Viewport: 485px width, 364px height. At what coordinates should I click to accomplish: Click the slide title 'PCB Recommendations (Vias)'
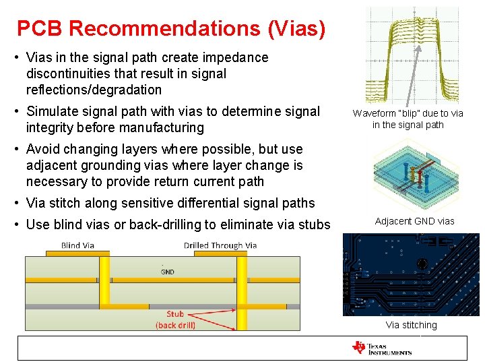click(x=171, y=28)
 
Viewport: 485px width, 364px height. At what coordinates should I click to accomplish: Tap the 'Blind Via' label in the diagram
click(x=77, y=245)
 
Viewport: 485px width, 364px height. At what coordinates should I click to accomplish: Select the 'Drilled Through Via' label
click(x=220, y=245)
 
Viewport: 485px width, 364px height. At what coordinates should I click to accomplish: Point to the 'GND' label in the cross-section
click(x=168, y=272)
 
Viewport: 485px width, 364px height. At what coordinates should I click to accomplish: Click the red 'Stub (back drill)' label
click(x=175, y=320)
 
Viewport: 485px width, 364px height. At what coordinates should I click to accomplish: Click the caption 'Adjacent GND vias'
click(x=414, y=221)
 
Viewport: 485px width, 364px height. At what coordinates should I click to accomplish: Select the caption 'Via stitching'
click(x=411, y=325)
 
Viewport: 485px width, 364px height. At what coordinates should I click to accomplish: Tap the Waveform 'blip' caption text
click(x=408, y=119)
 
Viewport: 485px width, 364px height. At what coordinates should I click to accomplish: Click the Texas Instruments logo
click(x=381, y=348)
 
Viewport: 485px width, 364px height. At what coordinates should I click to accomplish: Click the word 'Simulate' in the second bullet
click(x=51, y=111)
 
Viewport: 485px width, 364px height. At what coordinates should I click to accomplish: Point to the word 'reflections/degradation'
click(x=94, y=90)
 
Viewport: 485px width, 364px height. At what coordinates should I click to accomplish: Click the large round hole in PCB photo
click(x=422, y=264)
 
